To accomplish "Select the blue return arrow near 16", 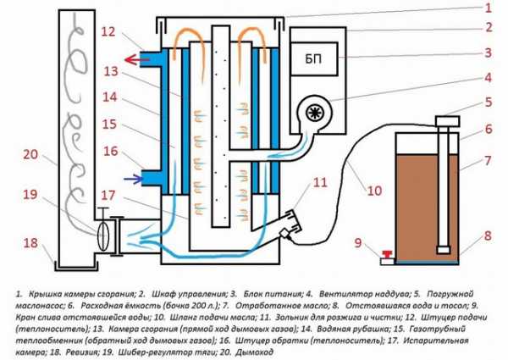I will [129, 179].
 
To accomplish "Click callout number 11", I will [319, 183].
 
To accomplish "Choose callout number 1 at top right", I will [486, 8].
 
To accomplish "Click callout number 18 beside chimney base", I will [31, 242].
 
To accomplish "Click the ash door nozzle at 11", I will [290, 222].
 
